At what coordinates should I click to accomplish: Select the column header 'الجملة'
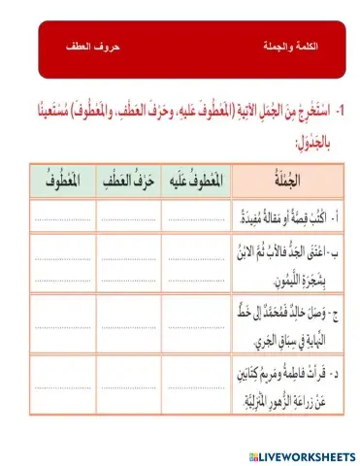click(x=283, y=182)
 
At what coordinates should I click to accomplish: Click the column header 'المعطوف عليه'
click(x=194, y=182)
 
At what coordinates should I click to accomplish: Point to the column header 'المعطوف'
click(x=64, y=182)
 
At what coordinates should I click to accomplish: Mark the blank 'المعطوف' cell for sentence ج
click(x=64, y=317)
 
